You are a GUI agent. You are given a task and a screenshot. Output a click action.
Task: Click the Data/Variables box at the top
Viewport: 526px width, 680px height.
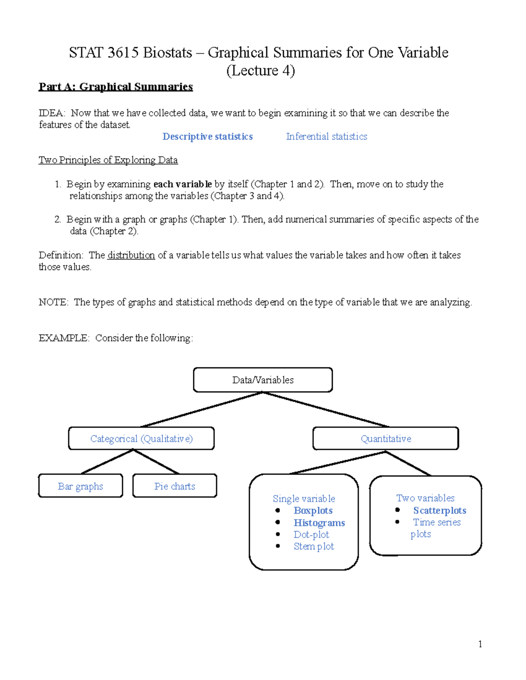click(263, 380)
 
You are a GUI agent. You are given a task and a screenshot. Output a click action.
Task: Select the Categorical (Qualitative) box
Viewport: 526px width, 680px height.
click(141, 438)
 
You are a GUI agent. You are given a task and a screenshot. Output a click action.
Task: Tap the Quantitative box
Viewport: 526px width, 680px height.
click(386, 438)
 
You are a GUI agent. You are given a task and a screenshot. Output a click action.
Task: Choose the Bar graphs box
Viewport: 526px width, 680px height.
click(81, 486)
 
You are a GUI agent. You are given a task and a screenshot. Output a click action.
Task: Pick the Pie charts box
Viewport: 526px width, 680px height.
click(174, 486)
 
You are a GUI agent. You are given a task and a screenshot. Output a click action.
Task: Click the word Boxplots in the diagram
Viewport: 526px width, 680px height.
click(313, 511)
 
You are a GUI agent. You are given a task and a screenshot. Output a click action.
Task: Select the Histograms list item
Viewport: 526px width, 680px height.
click(319, 523)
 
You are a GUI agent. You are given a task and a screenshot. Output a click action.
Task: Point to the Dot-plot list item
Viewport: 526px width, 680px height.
click(311, 535)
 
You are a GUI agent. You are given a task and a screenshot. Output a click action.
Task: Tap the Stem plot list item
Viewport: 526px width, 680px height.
click(314, 546)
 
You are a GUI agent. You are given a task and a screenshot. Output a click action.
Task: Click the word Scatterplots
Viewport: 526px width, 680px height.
click(440, 511)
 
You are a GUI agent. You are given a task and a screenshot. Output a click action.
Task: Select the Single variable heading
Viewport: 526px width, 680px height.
click(304, 499)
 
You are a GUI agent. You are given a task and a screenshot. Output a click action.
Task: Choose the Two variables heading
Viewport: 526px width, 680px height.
click(425, 498)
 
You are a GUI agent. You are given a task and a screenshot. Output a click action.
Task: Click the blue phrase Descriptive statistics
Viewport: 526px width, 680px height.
click(208, 137)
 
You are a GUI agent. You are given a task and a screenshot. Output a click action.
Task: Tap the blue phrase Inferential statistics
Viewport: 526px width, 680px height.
click(327, 137)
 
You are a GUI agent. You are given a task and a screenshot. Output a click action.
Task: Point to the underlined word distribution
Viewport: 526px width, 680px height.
click(131, 255)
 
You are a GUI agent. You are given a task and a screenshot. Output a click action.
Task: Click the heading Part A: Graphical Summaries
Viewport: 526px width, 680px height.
click(116, 87)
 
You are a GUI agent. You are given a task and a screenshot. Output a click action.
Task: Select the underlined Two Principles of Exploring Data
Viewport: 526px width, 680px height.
click(108, 160)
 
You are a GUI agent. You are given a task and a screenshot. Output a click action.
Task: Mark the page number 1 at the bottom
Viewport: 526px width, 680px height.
click(480, 644)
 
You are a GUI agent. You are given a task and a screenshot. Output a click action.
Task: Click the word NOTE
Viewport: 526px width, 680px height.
click(53, 302)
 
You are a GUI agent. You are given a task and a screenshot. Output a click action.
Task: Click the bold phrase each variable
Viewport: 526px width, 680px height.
click(182, 184)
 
